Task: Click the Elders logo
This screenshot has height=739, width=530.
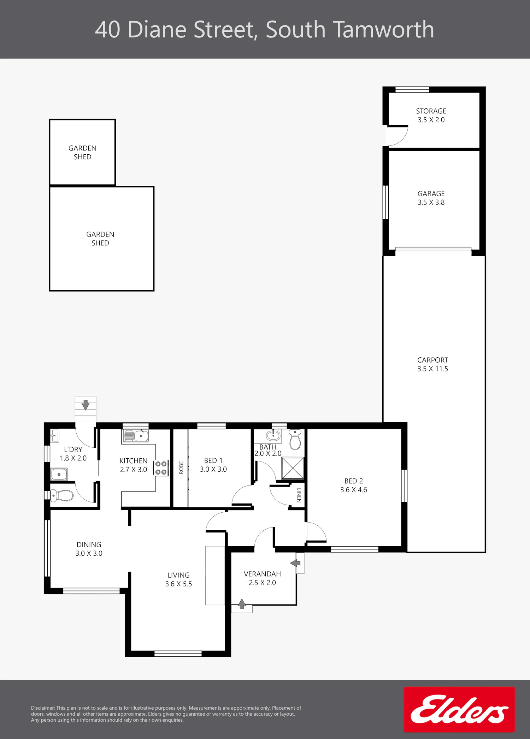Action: click(459, 709)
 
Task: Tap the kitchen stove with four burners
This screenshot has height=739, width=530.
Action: click(161, 468)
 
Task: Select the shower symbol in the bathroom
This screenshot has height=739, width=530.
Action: click(293, 469)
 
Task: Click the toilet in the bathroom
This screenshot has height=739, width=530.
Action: click(295, 439)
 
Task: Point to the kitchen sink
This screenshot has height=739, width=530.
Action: click(136, 436)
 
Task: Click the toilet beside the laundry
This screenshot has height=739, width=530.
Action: click(61, 495)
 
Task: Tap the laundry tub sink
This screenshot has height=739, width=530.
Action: click(59, 474)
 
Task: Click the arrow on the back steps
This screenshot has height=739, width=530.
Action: click(86, 405)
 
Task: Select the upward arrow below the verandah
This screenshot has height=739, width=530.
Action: click(242, 604)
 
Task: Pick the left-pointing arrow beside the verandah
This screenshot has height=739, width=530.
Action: click(295, 563)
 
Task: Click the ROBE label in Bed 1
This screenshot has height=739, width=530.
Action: click(181, 467)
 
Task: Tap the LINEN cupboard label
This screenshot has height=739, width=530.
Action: click(299, 495)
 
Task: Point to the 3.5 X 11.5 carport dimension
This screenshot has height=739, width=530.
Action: click(432, 369)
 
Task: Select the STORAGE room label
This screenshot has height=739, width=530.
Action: click(431, 111)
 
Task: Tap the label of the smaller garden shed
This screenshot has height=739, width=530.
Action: click(82, 153)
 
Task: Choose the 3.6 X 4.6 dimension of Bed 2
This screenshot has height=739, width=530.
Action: click(354, 490)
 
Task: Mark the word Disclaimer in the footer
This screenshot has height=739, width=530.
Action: click(43, 708)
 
